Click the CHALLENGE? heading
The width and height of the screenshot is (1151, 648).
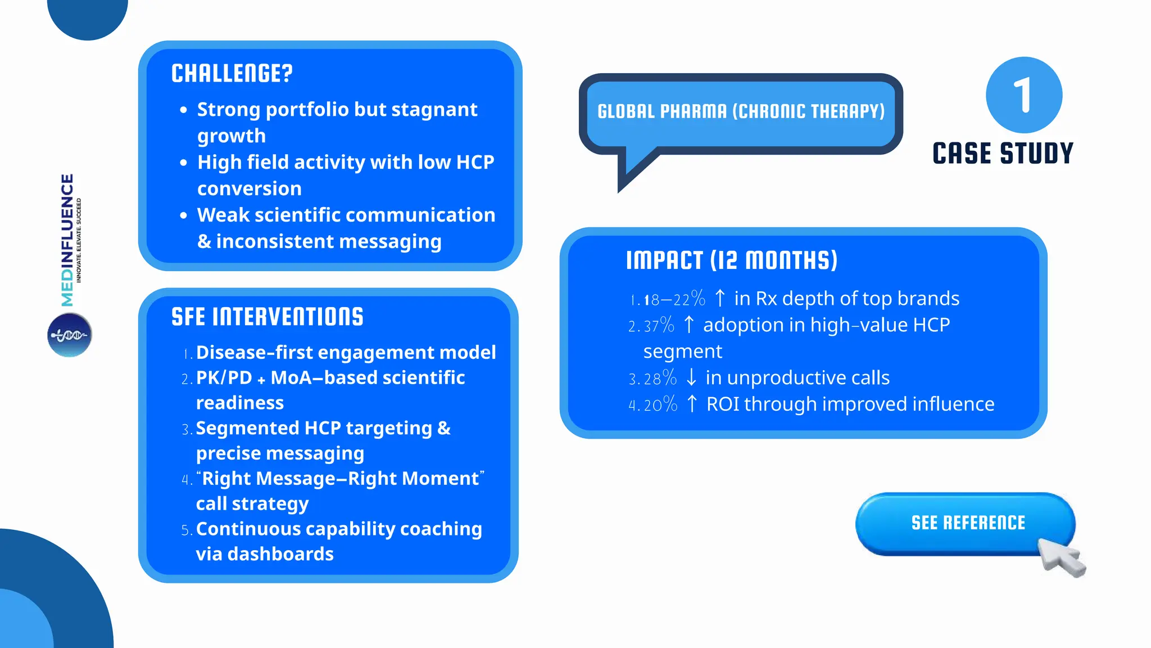pos(232,74)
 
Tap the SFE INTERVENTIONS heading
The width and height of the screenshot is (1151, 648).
pos(268,317)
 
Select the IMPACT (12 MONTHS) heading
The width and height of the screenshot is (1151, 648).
pos(732,260)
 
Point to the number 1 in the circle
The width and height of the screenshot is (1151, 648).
pos(1023,95)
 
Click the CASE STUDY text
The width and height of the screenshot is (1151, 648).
pos(1003,154)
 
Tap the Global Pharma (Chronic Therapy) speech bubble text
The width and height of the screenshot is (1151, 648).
pos(741,111)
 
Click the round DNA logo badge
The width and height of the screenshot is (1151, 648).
pos(69,335)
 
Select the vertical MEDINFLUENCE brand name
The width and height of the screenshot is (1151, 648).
pos(67,240)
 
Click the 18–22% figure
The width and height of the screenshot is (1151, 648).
pos(674,299)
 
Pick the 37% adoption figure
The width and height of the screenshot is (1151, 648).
pos(659,325)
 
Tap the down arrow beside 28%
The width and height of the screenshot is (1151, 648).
pos(691,377)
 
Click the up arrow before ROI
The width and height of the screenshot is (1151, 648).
pos(692,404)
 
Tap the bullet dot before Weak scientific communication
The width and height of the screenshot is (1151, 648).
pos(183,215)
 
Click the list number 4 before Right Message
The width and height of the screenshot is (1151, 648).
pos(186,480)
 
